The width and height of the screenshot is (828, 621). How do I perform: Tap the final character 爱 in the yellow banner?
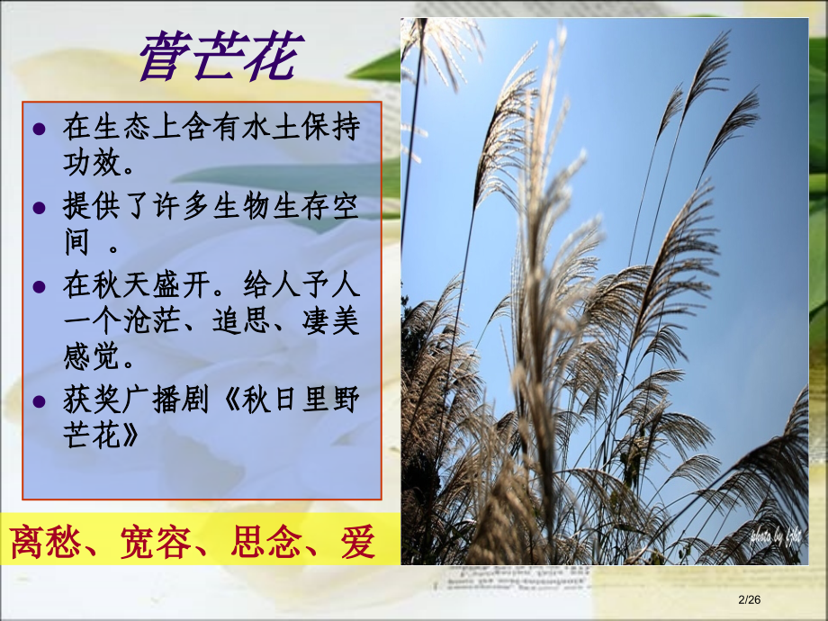357,542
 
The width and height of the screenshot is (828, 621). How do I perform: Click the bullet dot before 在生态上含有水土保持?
39,130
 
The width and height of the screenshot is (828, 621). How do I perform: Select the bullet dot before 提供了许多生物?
39,208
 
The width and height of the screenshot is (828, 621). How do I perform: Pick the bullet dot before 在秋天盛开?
39,286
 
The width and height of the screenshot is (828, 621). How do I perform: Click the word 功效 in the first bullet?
91,166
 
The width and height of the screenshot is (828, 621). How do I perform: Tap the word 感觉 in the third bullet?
91,358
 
